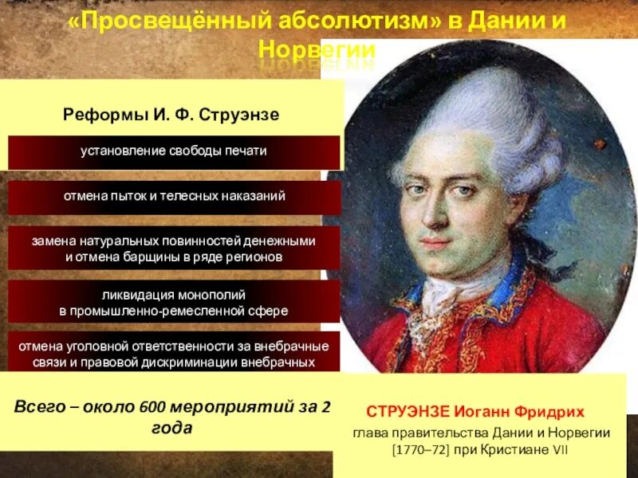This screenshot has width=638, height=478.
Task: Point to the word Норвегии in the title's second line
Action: click(317, 49)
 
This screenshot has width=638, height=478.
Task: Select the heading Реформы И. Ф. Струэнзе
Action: click(171, 115)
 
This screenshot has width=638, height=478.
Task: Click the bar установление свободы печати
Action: click(173, 151)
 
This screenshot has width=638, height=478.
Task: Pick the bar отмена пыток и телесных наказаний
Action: click(173, 196)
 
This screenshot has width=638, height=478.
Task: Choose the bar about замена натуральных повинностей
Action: click(173, 249)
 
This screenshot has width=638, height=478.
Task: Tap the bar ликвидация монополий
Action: click(173, 302)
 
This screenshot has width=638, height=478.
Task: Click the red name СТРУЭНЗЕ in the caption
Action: click(408, 412)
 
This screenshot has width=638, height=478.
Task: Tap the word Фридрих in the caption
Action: click(550, 412)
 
